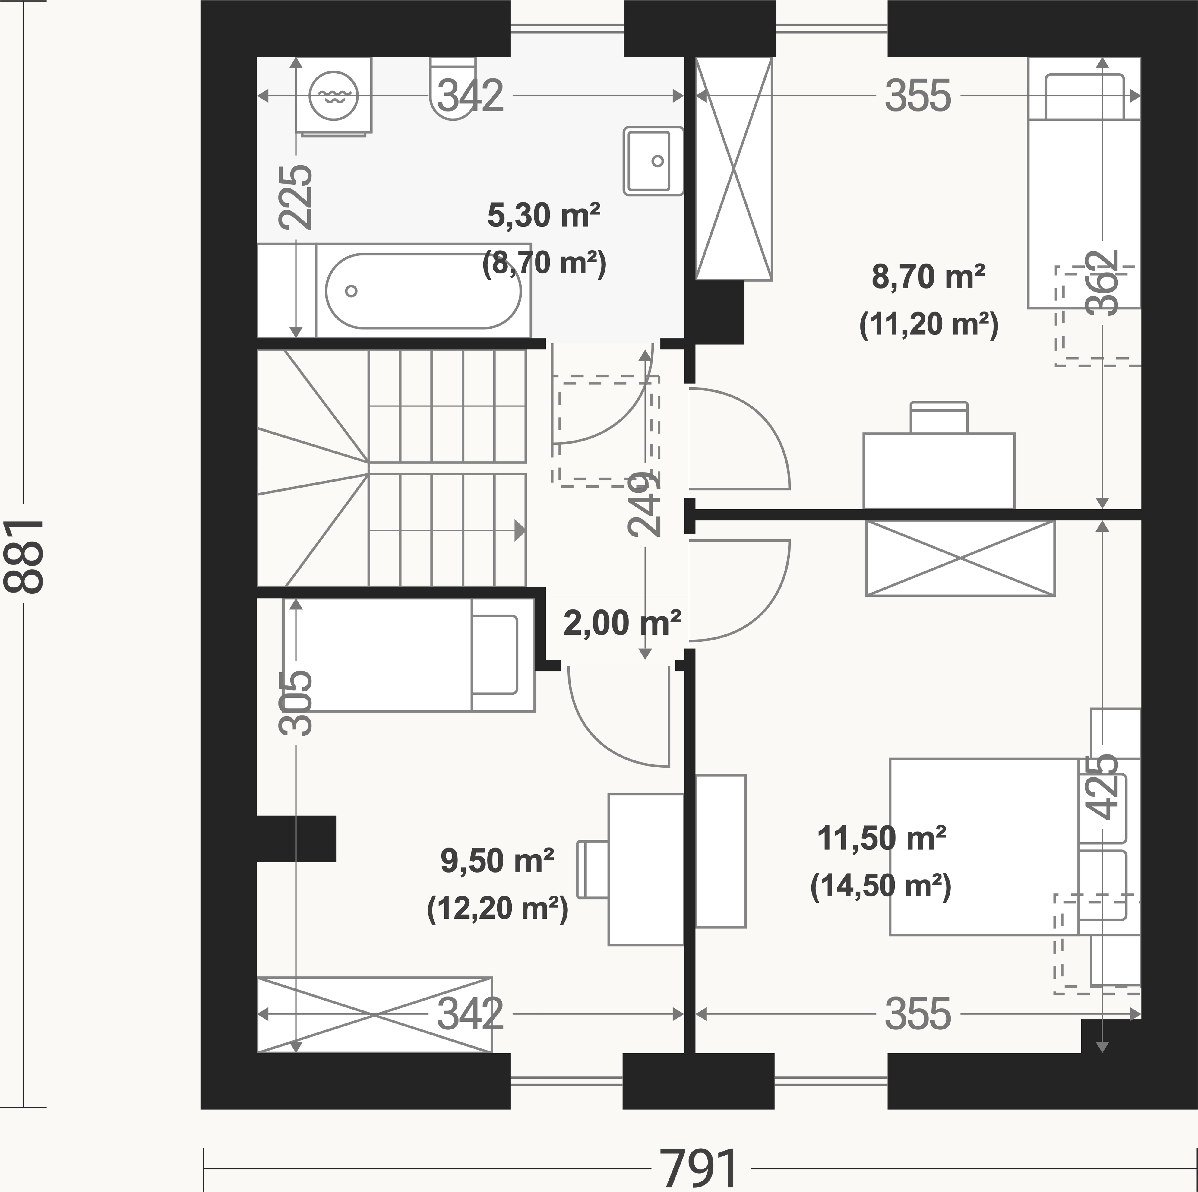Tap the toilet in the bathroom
click(x=453, y=88)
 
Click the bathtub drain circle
click(x=351, y=291)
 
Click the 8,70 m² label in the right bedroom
click(x=928, y=277)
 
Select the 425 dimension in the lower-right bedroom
click(x=1102, y=786)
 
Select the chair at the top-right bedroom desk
click(x=939, y=417)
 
